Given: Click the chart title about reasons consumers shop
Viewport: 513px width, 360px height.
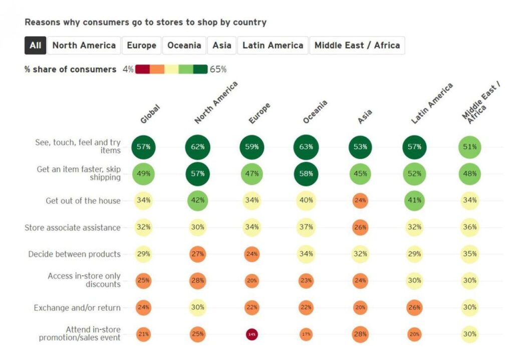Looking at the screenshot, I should pyautogui.click(x=145, y=23).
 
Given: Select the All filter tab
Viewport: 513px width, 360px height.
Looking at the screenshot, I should pyautogui.click(x=36, y=45).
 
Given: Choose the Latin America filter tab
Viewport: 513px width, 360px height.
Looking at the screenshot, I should pyautogui.click(x=273, y=45).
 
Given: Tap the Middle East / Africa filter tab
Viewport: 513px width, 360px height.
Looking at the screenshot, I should pyautogui.click(x=357, y=45).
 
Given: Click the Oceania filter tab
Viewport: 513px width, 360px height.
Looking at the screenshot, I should pyautogui.click(x=184, y=45).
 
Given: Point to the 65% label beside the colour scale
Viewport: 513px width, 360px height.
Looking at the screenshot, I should pyautogui.click(x=218, y=69).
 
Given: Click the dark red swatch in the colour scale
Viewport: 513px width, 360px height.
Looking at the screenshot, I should pyautogui.click(x=142, y=69).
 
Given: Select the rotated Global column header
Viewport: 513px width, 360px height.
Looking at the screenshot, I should pyautogui.click(x=150, y=114).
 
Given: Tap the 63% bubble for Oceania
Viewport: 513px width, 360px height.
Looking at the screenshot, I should pyautogui.click(x=306, y=147).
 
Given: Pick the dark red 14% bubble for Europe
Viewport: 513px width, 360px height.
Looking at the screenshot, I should pyautogui.click(x=252, y=334).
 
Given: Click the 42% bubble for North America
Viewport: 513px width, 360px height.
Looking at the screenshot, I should pyautogui.click(x=197, y=201).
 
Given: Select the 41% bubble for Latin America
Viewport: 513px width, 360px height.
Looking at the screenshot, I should pyautogui.click(x=414, y=201).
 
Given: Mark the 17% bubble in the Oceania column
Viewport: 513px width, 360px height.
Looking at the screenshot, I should pyautogui.click(x=306, y=334).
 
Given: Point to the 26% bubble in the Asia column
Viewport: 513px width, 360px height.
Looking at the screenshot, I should pyautogui.click(x=360, y=227).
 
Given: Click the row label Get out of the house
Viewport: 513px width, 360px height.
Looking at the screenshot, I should pyautogui.click(x=83, y=201).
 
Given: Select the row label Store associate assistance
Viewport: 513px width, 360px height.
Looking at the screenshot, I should pyautogui.click(x=73, y=228).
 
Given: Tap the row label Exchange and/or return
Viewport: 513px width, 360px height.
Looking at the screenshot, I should pyautogui.click(x=77, y=308).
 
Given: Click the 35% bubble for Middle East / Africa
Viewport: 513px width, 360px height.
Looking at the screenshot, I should pyautogui.click(x=469, y=254).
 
